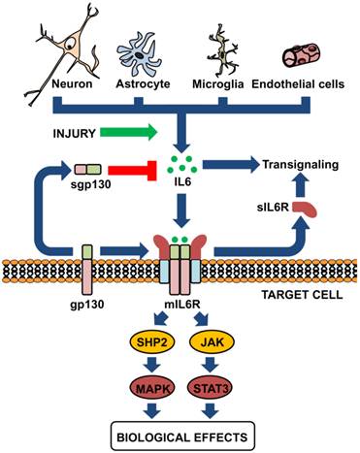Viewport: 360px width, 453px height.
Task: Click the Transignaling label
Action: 300,165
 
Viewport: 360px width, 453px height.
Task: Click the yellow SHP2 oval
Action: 146,343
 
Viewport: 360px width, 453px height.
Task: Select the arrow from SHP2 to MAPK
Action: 146,368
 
